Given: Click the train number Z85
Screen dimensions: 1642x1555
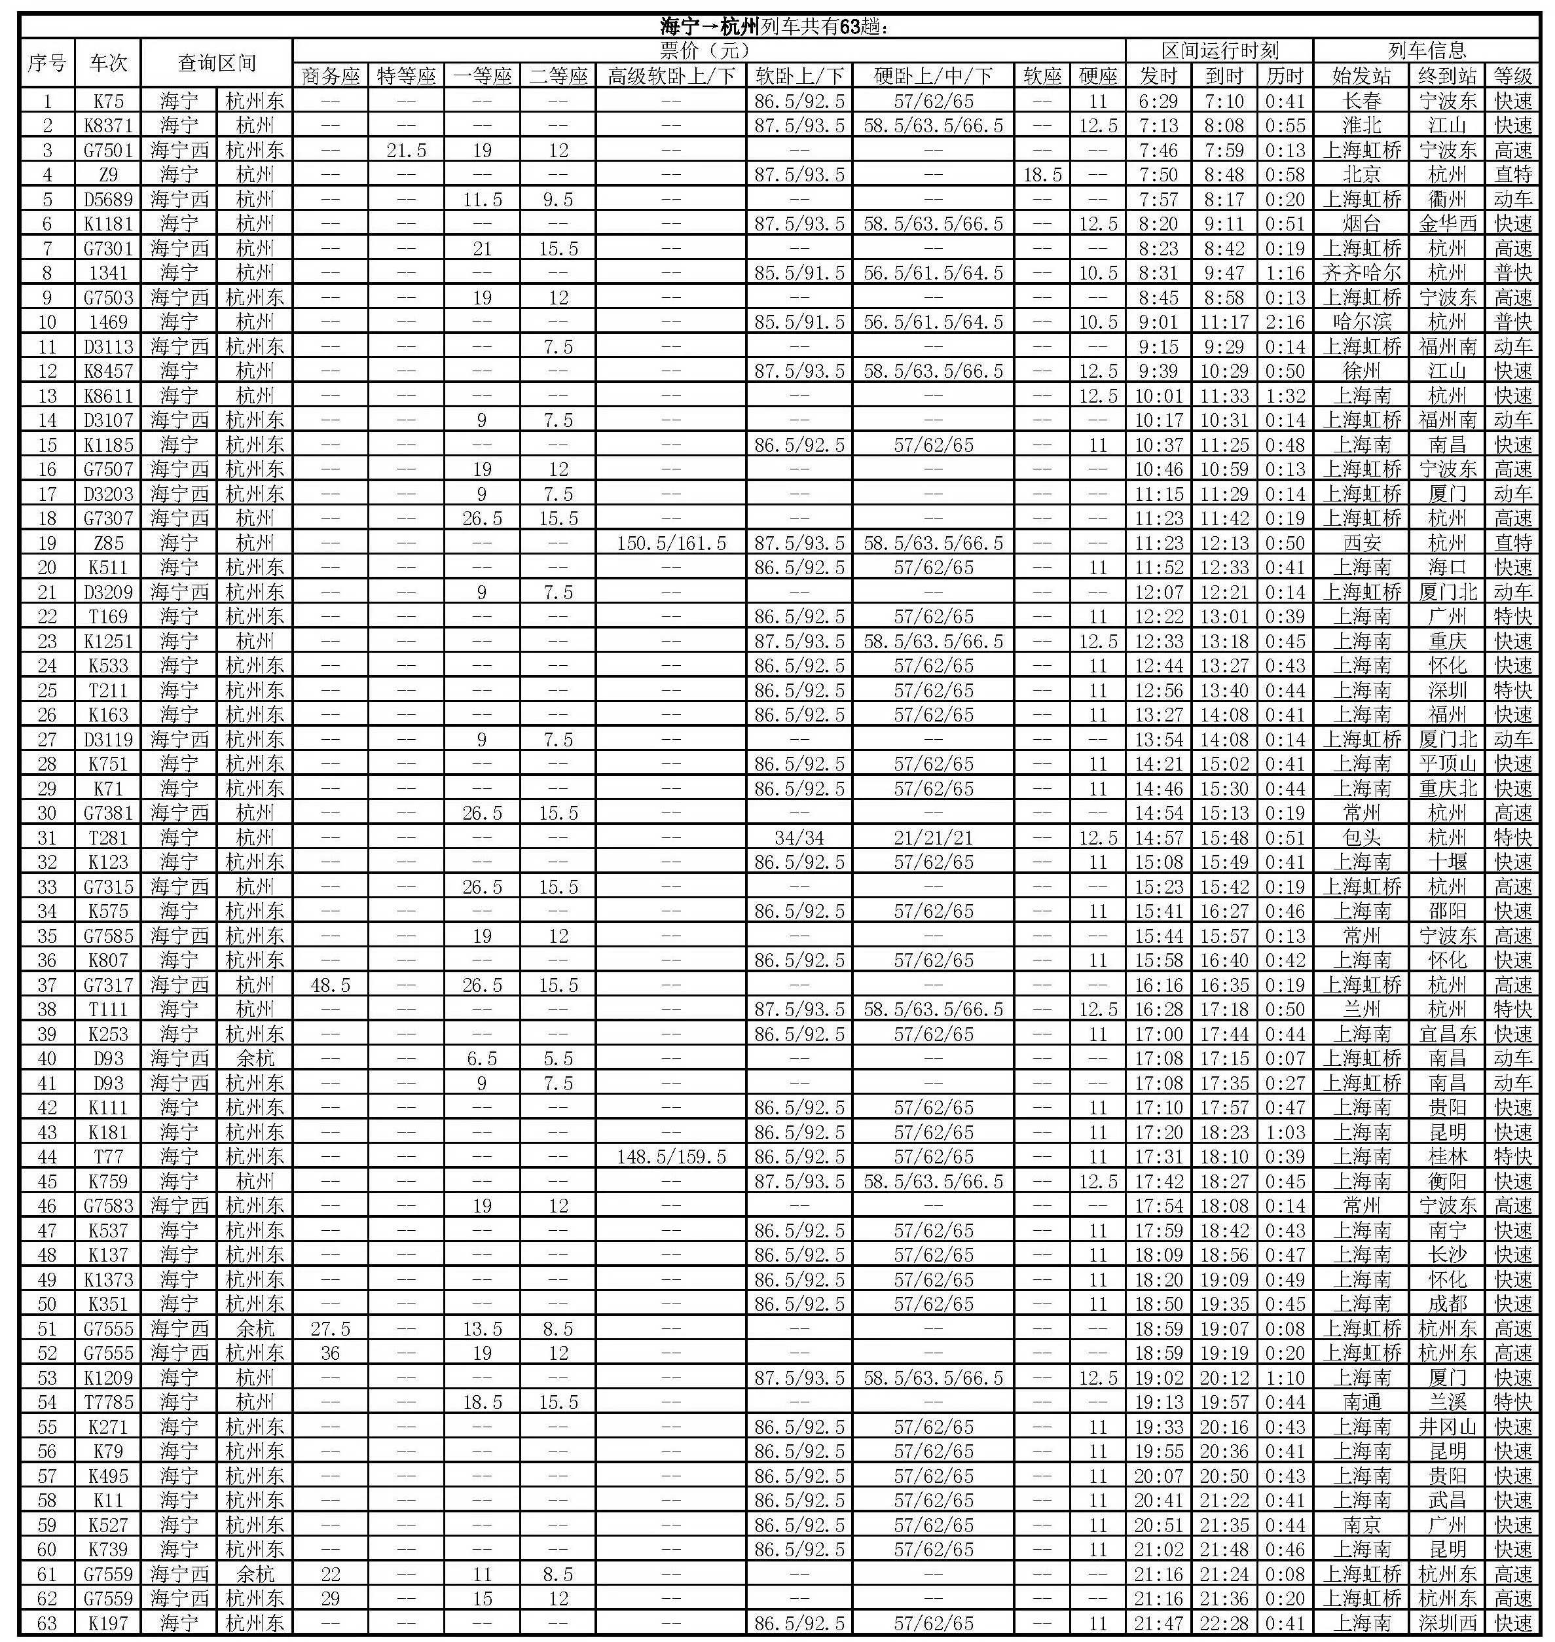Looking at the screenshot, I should point(109,543).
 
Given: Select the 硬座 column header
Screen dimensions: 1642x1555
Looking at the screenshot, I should point(1098,76).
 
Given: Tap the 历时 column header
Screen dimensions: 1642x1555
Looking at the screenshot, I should point(1285,76).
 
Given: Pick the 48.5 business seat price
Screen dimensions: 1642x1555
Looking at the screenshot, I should point(330,985).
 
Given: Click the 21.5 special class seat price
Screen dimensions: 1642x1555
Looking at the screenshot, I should point(406,150).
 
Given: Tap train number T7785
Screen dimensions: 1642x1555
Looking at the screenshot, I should point(109,1402).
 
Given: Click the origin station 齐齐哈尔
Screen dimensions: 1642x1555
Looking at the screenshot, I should point(1361,273).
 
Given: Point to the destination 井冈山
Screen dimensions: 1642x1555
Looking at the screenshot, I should point(1447,1427).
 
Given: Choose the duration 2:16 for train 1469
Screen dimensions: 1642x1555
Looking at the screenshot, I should point(1285,321).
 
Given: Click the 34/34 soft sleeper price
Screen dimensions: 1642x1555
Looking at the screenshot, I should point(798,837).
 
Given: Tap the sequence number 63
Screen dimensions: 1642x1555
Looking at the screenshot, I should point(47,1623).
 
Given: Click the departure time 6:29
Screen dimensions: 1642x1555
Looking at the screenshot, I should point(1158,101).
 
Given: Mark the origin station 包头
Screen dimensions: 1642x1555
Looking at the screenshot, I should point(1361,837).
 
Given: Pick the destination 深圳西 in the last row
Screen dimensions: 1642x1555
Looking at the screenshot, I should point(1447,1623).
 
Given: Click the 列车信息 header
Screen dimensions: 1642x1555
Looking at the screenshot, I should point(1427,50).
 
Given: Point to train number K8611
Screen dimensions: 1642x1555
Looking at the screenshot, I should point(109,395).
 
